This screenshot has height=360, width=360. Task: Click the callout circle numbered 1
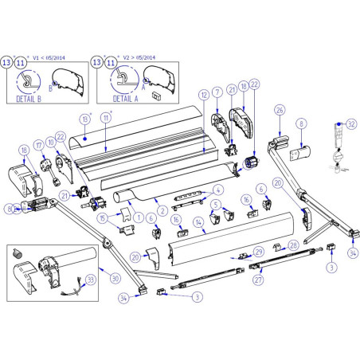point(138,217)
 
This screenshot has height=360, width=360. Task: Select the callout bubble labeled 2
point(162,210)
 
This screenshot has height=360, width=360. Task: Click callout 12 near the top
point(204,95)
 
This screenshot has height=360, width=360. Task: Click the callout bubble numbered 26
point(280,111)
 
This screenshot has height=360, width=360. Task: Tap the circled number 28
point(293,245)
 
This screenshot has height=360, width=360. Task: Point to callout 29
point(257,252)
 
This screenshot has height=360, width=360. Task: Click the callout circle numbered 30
point(115,278)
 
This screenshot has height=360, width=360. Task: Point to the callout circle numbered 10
point(50,142)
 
